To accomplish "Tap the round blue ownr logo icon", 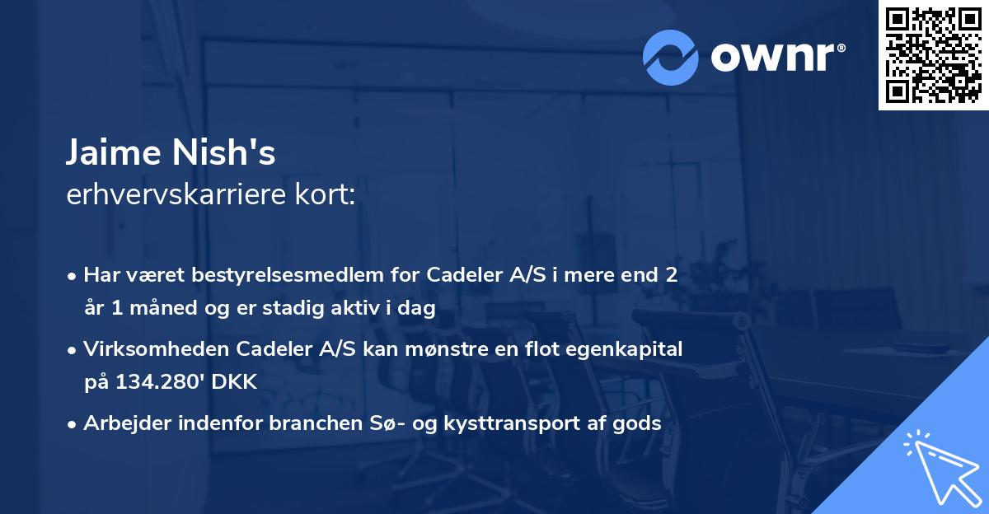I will (x=671, y=56).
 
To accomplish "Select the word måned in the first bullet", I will (x=163, y=309).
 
